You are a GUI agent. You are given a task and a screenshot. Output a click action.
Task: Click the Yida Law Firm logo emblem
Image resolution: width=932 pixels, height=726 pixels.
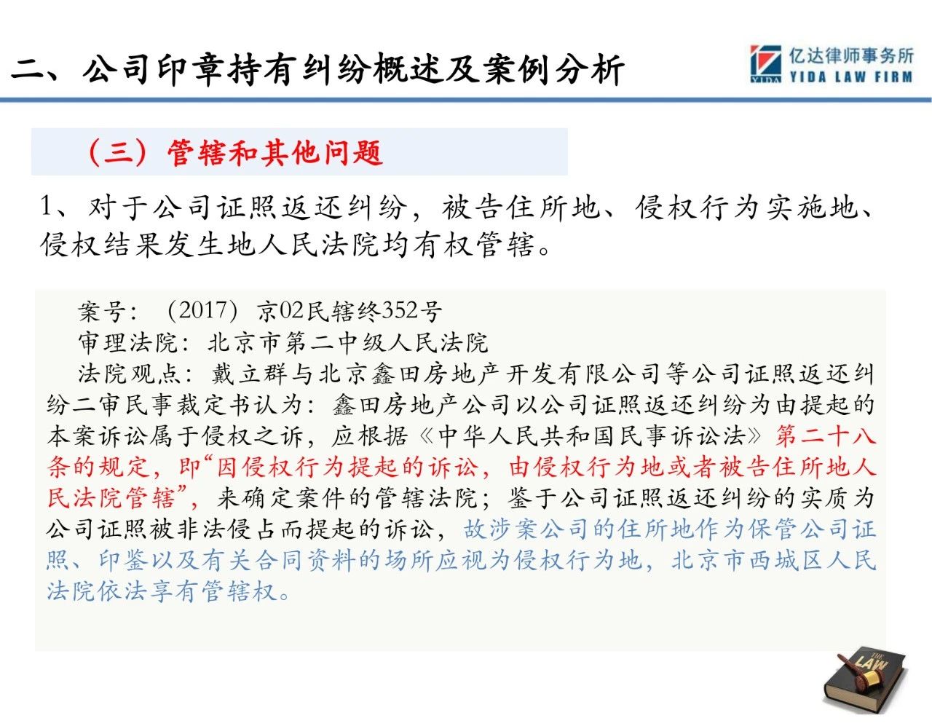765,63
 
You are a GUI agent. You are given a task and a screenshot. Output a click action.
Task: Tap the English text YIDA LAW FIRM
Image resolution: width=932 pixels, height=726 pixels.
851,77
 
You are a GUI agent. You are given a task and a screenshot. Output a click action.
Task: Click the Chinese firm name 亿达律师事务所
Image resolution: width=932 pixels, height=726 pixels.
851,56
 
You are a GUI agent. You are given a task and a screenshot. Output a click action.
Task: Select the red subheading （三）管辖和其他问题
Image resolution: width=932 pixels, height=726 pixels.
235,152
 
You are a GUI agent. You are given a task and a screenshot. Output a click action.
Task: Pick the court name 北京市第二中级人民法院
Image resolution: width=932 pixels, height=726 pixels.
348,343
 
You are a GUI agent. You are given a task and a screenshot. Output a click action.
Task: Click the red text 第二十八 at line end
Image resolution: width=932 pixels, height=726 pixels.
825,436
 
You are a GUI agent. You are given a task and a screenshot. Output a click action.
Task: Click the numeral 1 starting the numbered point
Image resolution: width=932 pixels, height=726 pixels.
47,207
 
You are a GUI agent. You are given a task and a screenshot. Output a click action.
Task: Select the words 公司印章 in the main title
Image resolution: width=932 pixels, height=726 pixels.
154,69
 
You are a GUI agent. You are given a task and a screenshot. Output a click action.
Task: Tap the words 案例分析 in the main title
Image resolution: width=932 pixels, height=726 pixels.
553,69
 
